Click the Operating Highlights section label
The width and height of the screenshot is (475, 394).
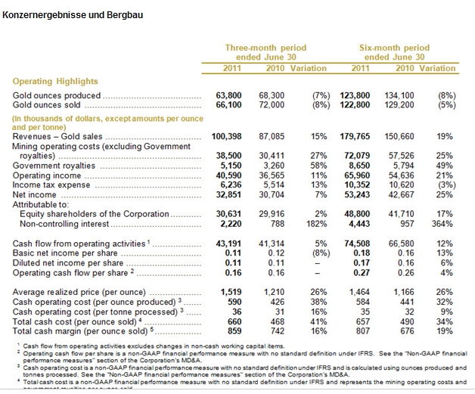click(55, 82)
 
